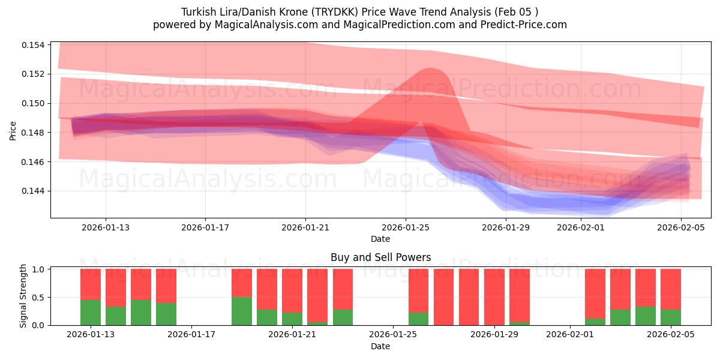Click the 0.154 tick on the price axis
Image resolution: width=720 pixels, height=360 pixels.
(x=33, y=45)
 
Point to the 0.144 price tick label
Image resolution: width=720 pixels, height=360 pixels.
(x=33, y=191)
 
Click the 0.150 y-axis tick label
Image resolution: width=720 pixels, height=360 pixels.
(x=33, y=103)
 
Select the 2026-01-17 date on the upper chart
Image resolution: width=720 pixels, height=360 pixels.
(x=205, y=227)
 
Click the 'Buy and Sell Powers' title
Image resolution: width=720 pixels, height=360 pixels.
(x=380, y=257)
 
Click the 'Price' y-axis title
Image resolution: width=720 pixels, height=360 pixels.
(x=13, y=130)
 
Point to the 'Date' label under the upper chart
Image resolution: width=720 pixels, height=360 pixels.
(x=380, y=239)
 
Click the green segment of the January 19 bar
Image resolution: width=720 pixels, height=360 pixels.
(x=242, y=311)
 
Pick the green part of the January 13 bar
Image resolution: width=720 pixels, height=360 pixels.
(x=91, y=312)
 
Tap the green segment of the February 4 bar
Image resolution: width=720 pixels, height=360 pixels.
(x=646, y=316)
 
